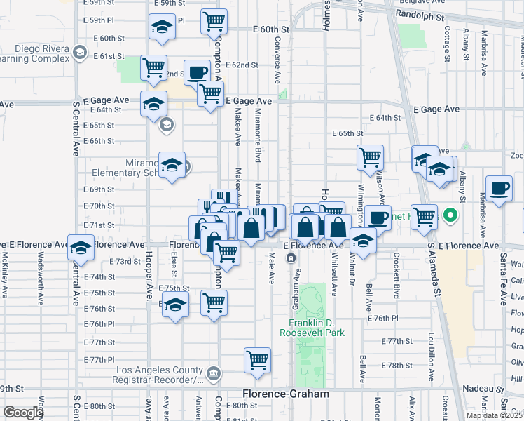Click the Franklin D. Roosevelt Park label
[x=312, y=328]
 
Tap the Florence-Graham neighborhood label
[x=285, y=394]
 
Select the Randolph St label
[x=420, y=14]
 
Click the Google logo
[x=23, y=413]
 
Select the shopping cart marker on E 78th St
[x=258, y=360]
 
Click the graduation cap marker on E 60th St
[x=162, y=27]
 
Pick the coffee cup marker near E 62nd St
[x=197, y=72]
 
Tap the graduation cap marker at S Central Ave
[x=81, y=247]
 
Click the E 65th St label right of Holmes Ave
[x=347, y=133]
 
